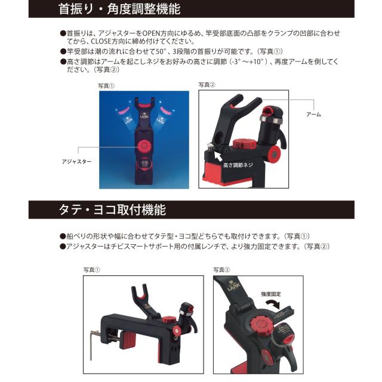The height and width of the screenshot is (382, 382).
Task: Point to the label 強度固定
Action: [272, 294]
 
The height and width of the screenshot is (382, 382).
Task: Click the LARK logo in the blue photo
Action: [143, 116]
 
